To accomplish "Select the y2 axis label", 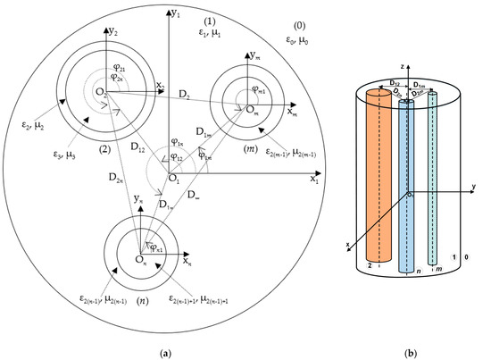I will [112, 32].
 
